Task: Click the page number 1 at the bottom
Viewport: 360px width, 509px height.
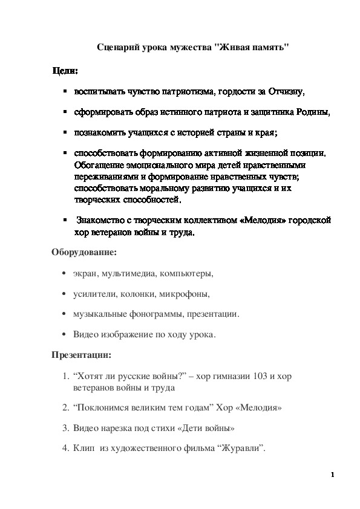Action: pos(332,475)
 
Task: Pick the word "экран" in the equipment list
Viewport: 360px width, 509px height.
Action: pos(85,274)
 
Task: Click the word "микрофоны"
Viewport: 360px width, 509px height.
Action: pos(187,294)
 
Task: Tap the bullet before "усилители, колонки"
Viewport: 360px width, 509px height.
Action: pos(64,294)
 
